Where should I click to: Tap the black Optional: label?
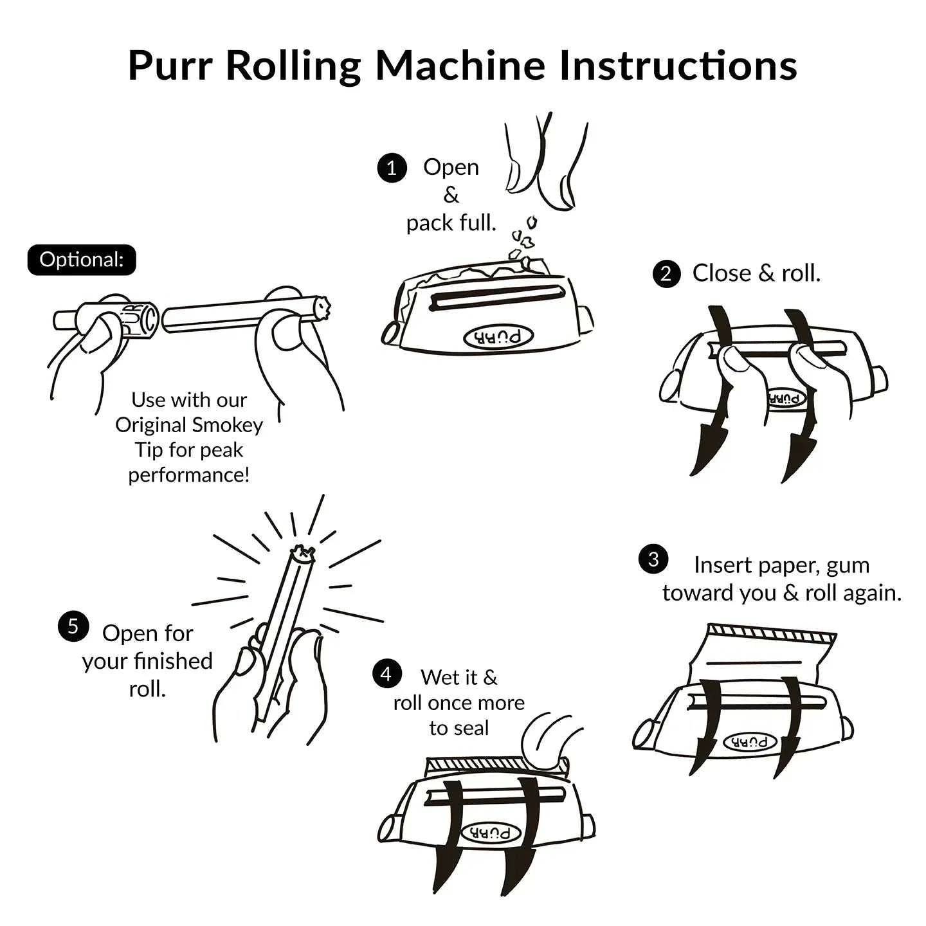pyautogui.click(x=82, y=260)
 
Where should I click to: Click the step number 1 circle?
pyautogui.click(x=392, y=168)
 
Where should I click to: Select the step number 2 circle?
pyautogui.click(x=666, y=275)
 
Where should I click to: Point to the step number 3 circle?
pyautogui.click(x=653, y=559)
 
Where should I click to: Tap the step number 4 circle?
pyautogui.click(x=386, y=674)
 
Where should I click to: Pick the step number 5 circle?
pyautogui.click(x=73, y=626)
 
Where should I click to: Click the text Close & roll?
pyautogui.click(x=756, y=273)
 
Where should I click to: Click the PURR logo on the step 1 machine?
pyautogui.click(x=499, y=337)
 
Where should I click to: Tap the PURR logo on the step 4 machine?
pyautogui.click(x=491, y=833)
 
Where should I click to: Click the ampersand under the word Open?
pyautogui.click(x=451, y=195)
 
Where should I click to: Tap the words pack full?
pyautogui.click(x=451, y=223)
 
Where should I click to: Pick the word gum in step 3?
pyautogui.click(x=848, y=565)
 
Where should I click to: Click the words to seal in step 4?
pyautogui.click(x=458, y=728)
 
